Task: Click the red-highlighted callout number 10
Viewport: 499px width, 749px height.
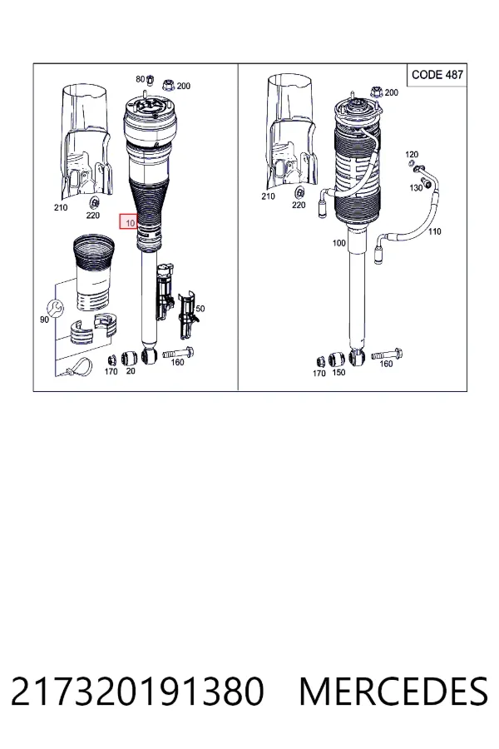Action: (x=129, y=222)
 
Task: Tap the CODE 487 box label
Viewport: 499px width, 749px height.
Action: (x=437, y=75)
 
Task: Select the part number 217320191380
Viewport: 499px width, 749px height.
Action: (x=137, y=692)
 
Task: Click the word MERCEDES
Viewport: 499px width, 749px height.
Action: (x=393, y=692)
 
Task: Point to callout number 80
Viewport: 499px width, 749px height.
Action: (x=140, y=79)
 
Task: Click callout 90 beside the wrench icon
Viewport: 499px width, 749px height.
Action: (x=44, y=320)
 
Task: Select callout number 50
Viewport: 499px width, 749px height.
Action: (x=200, y=309)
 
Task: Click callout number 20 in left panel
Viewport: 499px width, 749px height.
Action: (x=131, y=370)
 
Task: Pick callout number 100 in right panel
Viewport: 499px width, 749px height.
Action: (x=338, y=243)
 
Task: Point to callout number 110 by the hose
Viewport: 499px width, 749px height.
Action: (x=434, y=231)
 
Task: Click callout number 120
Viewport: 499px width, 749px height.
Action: (x=411, y=154)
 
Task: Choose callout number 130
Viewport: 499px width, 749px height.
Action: (x=416, y=188)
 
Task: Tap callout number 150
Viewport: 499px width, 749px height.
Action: (x=338, y=372)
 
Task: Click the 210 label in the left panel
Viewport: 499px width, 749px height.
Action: (x=61, y=207)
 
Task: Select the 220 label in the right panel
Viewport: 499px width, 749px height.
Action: (x=299, y=205)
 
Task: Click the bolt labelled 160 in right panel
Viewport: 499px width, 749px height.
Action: (x=388, y=355)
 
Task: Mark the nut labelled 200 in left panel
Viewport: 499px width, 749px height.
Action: (x=168, y=86)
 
